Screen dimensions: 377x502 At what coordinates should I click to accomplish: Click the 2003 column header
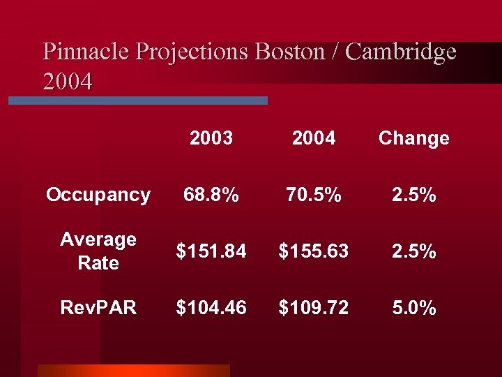click(211, 138)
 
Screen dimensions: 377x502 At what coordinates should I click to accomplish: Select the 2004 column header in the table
click(314, 138)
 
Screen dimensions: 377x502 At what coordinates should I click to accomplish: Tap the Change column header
click(413, 138)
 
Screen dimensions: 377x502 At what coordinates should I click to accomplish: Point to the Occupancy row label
click(98, 195)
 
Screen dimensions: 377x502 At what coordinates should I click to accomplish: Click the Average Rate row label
click(98, 251)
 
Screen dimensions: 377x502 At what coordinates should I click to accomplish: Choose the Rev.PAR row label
click(98, 308)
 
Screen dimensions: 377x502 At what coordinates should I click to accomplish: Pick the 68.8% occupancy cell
click(211, 195)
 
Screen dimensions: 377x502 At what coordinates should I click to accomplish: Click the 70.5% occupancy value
click(314, 195)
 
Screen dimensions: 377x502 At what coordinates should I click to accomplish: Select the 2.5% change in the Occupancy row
click(413, 195)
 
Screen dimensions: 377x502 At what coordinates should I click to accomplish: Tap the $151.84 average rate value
click(211, 251)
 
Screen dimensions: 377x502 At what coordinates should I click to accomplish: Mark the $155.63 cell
click(314, 251)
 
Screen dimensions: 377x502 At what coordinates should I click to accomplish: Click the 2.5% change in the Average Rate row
click(413, 251)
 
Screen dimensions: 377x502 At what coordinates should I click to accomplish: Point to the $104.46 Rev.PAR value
click(211, 308)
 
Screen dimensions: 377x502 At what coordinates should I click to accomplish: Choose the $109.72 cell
click(314, 308)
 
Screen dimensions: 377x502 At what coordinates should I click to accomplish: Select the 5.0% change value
click(413, 308)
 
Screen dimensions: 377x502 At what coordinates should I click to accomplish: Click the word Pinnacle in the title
click(86, 52)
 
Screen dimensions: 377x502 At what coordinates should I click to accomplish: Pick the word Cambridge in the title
click(401, 52)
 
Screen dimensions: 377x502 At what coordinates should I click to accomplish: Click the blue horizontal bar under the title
click(137, 101)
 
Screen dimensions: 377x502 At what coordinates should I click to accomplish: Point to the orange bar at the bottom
click(133, 370)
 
